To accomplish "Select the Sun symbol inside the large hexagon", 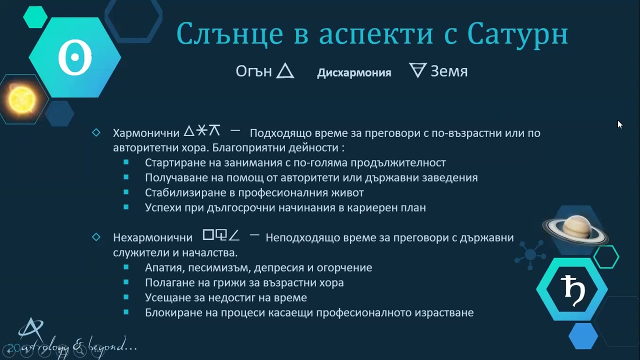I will tap(75, 58).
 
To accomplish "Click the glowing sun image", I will tap(20, 98).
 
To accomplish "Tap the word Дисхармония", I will tap(354, 72).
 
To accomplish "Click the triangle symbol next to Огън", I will tap(285, 71).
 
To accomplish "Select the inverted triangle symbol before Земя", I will tap(417, 71).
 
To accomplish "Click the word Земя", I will tap(449, 71).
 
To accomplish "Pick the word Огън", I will tap(253, 71).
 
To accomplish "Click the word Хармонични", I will tap(146, 133).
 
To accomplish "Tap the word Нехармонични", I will tap(152, 238).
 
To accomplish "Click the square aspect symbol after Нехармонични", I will tap(208, 234).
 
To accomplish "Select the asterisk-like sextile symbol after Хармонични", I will tap(201, 131).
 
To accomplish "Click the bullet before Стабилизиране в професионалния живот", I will tap(126, 192).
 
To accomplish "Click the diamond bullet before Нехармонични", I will tap(96, 237).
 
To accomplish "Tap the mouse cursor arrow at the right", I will tap(620, 124).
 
